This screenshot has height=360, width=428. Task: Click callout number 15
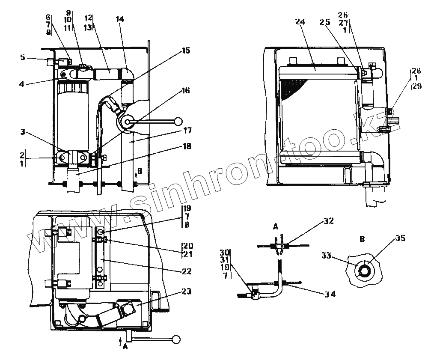185,51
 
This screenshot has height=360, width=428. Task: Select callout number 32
328,221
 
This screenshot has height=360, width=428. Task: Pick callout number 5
22,57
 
